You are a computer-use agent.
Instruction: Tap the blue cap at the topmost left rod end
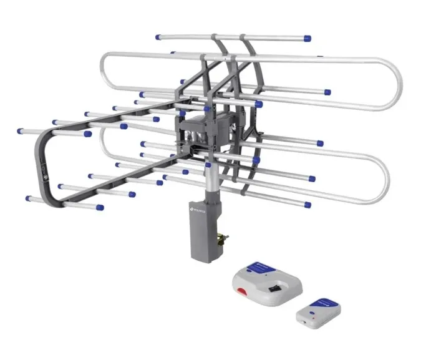click(158, 37)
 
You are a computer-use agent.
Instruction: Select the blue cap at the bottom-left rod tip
click(29, 198)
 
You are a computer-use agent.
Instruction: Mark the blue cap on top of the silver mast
click(208, 167)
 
